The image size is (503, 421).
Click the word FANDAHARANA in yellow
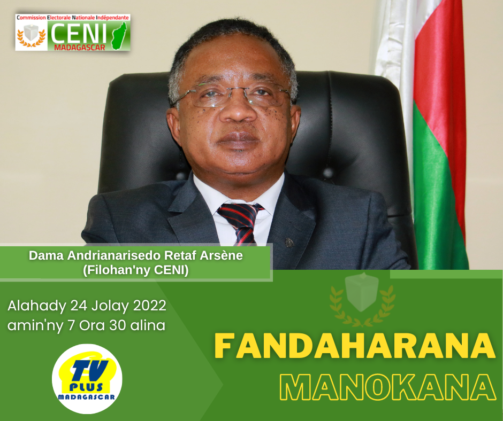tap(355, 346)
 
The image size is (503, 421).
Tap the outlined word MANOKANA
tap(388, 387)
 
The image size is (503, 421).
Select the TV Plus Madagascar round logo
tap(87, 379)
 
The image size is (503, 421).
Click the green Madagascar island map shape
tap(119, 36)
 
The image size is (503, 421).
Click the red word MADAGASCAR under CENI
tap(80, 48)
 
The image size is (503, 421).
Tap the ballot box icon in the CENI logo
tap(31, 33)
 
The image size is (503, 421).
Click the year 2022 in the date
tap(149, 306)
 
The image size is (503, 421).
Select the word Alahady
tap(36, 306)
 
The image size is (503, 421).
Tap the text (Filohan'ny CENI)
tap(136, 270)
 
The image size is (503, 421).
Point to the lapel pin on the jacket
tap(289, 243)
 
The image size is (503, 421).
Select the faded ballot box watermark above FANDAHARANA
tap(362, 292)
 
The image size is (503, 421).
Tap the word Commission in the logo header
tap(31, 18)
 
